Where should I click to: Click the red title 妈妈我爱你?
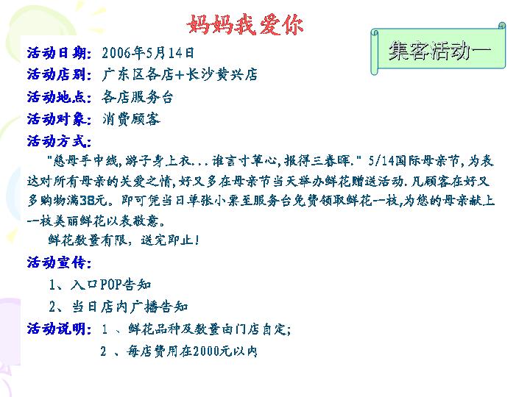coord(245,25)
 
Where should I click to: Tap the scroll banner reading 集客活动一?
coord(439,49)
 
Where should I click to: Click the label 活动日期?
coord(59,53)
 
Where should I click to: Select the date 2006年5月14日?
coord(148,53)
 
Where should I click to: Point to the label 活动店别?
coord(59,74)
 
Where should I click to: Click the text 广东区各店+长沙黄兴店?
coord(180,74)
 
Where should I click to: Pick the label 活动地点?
coord(59,97)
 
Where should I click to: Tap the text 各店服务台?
coord(138,97)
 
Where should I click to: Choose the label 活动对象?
coord(59,119)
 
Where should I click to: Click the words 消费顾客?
coord(131,119)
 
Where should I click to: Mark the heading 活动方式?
coord(59,140)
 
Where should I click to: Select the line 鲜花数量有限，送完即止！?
coord(124,240)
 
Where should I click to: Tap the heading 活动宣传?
coord(59,262)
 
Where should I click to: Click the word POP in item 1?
coord(110,285)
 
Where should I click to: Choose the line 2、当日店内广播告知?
coord(119,307)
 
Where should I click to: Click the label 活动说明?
coord(59,329)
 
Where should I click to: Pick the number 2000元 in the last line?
coord(212,351)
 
